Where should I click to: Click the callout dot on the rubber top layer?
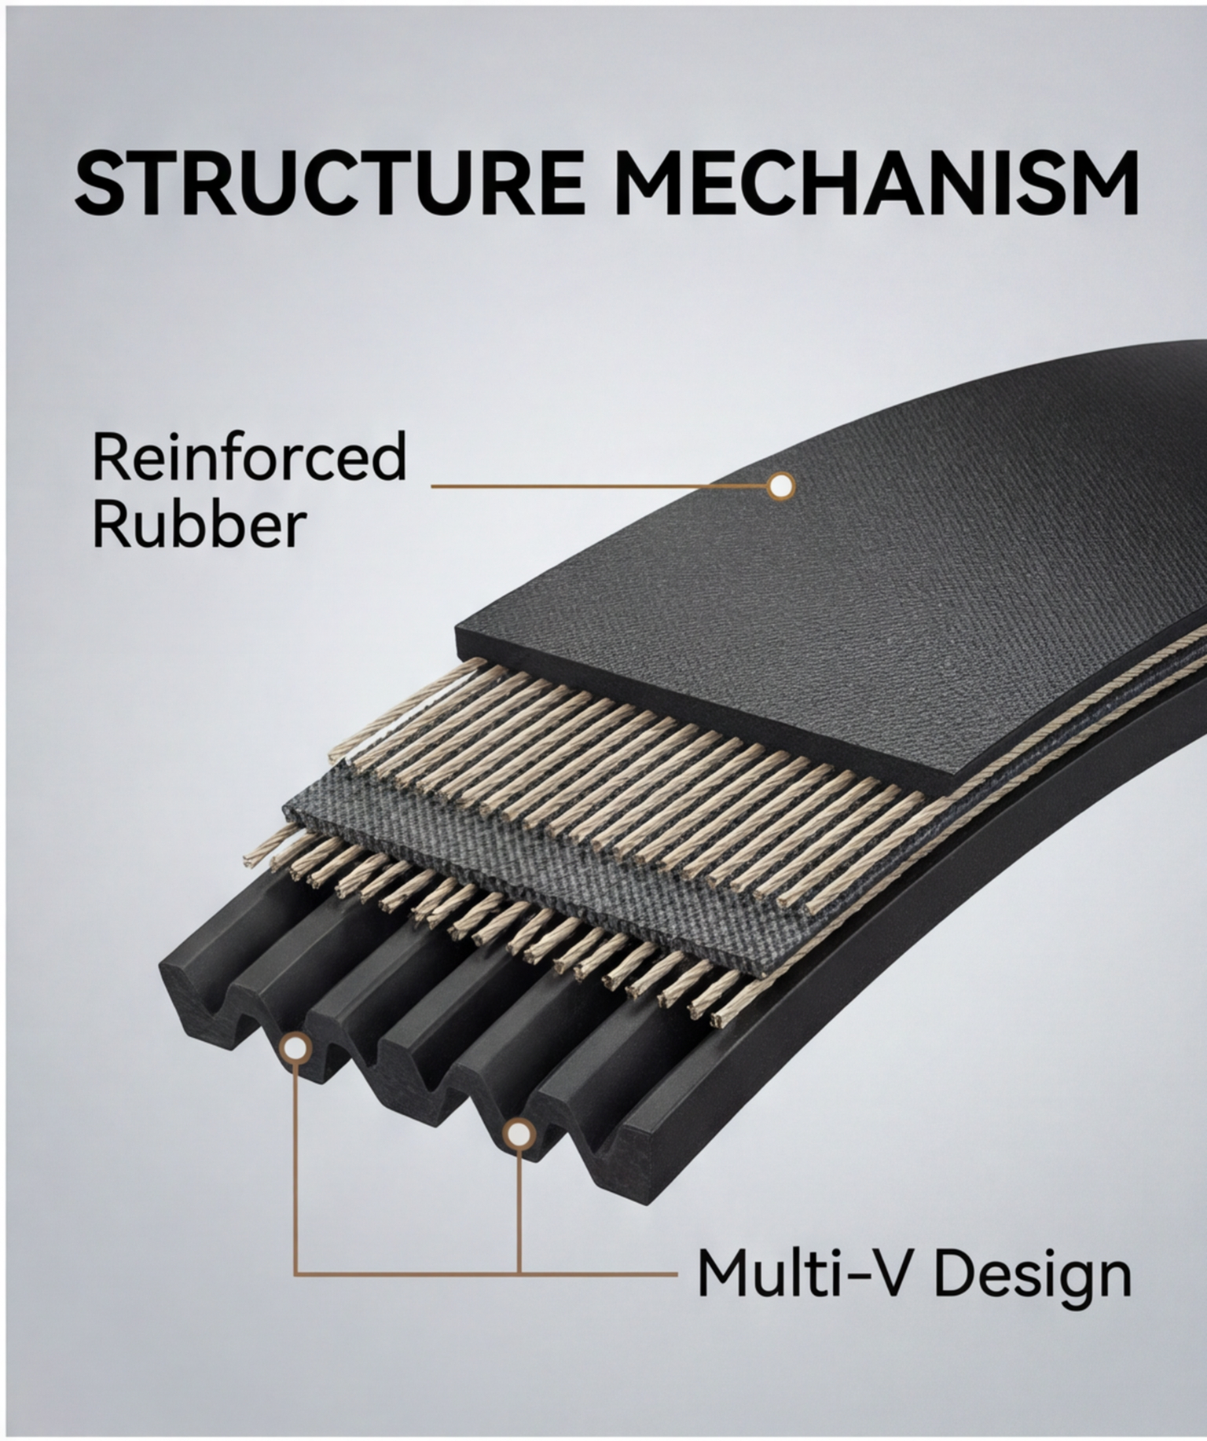click(780, 486)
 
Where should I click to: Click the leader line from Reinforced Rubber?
click(599, 486)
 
